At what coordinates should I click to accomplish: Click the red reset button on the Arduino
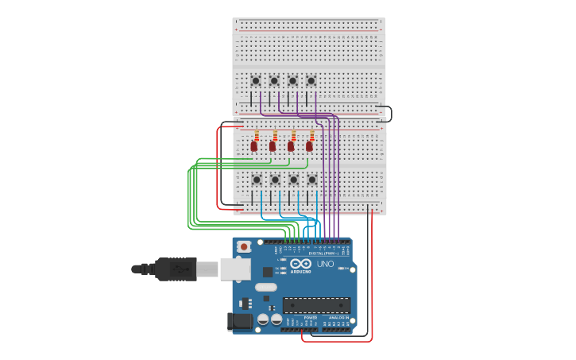tap(244, 247)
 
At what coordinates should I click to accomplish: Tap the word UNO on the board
tap(326, 264)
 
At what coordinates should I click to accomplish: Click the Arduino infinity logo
tap(300, 263)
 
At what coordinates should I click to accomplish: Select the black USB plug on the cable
tap(176, 269)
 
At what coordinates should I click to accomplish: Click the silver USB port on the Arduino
tap(235, 269)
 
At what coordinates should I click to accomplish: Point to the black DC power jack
tap(240, 321)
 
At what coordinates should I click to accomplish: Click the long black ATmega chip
tap(316, 305)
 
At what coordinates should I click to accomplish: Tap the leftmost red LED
tap(254, 146)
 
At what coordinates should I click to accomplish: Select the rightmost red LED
tap(309, 146)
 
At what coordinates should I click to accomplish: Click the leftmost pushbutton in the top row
tap(256, 80)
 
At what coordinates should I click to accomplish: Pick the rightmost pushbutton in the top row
tap(311, 80)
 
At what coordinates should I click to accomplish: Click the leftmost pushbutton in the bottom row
tap(257, 180)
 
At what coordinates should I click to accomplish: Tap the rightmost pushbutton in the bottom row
tap(311, 180)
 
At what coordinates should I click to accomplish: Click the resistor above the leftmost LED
tap(257, 135)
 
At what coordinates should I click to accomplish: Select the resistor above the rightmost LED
tap(311, 135)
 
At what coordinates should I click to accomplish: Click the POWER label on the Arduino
tap(310, 317)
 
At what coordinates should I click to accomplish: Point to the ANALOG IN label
tap(337, 317)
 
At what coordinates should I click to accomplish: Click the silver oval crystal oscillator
tap(266, 287)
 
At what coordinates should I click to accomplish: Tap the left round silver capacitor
tap(263, 319)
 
